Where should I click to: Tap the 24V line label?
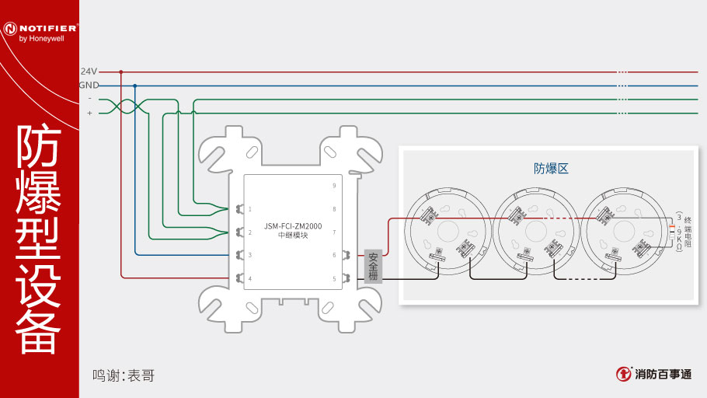point(89,71)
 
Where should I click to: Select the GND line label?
point(89,85)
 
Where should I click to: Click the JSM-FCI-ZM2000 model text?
point(294,226)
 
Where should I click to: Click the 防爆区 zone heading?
point(551,168)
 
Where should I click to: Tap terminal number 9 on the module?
point(334,186)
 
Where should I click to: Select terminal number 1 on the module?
point(249,209)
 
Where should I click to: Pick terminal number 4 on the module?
point(249,278)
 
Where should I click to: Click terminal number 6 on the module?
point(334,255)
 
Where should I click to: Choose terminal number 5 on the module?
point(334,278)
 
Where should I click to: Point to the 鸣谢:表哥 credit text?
point(124,375)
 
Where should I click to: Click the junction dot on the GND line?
point(135,86)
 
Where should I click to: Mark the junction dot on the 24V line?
point(121,72)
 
